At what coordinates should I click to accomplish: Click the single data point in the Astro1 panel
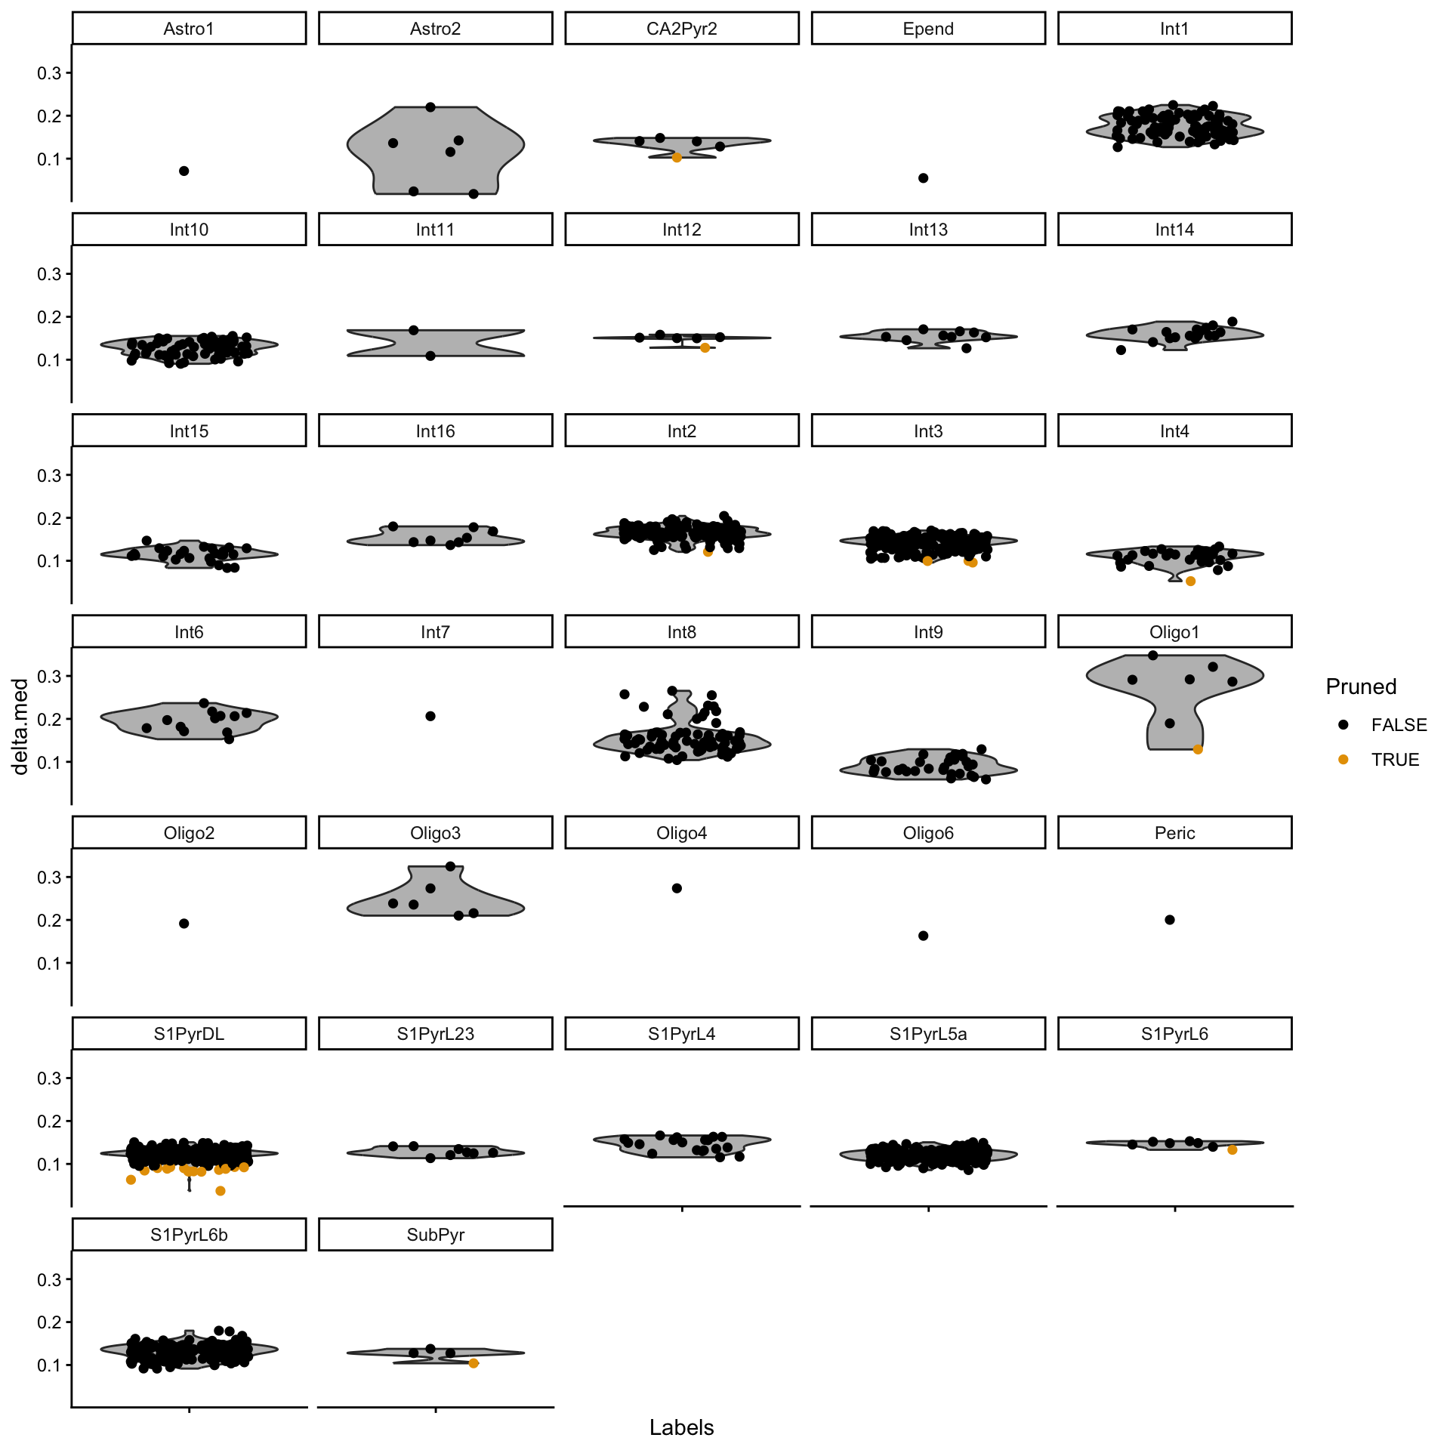pyautogui.click(x=184, y=171)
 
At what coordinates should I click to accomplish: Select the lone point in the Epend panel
pyautogui.click(x=923, y=178)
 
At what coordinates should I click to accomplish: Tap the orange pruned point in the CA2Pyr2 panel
pyautogui.click(x=677, y=158)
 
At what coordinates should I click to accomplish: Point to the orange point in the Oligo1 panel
pyautogui.click(x=1198, y=749)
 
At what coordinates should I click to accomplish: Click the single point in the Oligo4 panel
pyautogui.click(x=677, y=888)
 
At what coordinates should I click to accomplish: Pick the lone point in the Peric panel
pyautogui.click(x=1170, y=920)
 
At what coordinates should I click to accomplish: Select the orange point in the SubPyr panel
pyautogui.click(x=474, y=1363)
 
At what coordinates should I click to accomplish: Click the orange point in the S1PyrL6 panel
pyautogui.click(x=1232, y=1149)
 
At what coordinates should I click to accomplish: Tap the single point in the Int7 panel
pyautogui.click(x=430, y=716)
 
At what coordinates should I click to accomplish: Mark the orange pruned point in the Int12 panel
pyautogui.click(x=705, y=348)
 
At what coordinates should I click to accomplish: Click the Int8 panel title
pyautogui.click(x=681, y=632)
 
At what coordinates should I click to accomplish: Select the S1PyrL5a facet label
pyautogui.click(x=928, y=1034)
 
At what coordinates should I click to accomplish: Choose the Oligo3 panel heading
pyautogui.click(x=435, y=833)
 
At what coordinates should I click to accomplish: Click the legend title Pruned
pyautogui.click(x=1361, y=686)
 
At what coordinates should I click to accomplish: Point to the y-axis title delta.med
pyautogui.click(x=20, y=727)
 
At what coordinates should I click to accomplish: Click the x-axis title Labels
pyautogui.click(x=681, y=1427)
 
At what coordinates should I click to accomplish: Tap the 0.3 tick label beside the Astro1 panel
pyautogui.click(x=50, y=73)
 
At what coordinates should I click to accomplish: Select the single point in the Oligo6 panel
pyautogui.click(x=923, y=936)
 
